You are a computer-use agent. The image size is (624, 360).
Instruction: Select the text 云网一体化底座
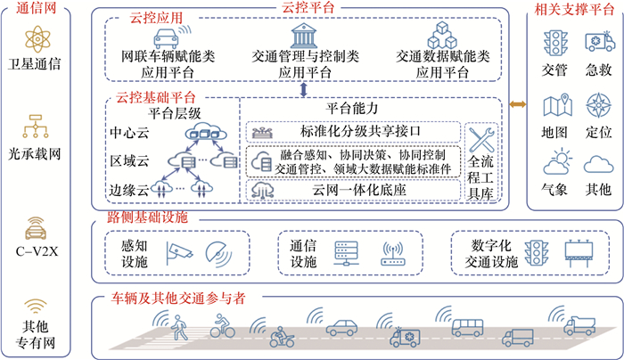pos(355,190)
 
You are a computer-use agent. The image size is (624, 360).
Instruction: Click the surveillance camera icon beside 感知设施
pos(177,252)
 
